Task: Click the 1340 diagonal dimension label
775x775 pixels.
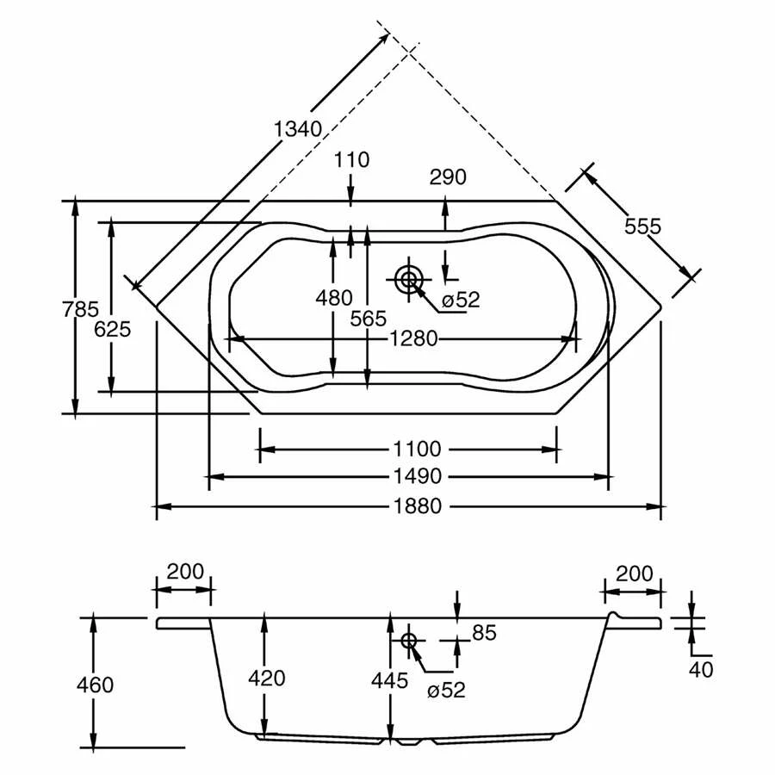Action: (x=298, y=129)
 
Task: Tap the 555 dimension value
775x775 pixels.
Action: (x=642, y=226)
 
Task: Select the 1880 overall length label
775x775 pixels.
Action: (x=417, y=506)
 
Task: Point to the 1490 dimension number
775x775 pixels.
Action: (x=417, y=476)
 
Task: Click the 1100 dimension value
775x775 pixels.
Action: (x=417, y=449)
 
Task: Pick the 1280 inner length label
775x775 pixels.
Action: (x=413, y=339)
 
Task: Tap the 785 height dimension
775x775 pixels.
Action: (x=81, y=309)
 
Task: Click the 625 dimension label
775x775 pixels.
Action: (x=112, y=329)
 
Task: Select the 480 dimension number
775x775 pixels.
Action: (x=334, y=298)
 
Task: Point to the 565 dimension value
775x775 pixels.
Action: (x=369, y=319)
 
